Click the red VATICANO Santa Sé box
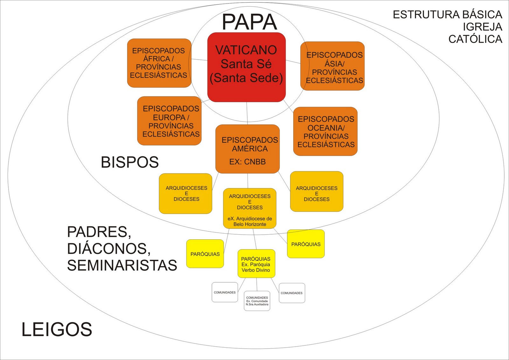[246, 67]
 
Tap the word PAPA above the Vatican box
[249, 22]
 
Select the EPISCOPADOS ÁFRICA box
[159, 63]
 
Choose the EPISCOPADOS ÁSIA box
[333, 66]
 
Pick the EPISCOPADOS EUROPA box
[170, 121]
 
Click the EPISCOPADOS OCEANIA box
[325, 131]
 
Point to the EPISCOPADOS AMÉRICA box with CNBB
[248, 149]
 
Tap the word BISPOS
[129, 162]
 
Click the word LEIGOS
[57, 329]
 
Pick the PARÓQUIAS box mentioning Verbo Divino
[256, 264]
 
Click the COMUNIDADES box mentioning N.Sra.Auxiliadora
[257, 301]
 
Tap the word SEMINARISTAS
[122, 265]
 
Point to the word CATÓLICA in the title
[475, 39]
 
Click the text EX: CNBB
[248, 162]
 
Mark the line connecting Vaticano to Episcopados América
[247, 113]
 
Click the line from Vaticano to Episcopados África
[199, 60]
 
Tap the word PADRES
[97, 232]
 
